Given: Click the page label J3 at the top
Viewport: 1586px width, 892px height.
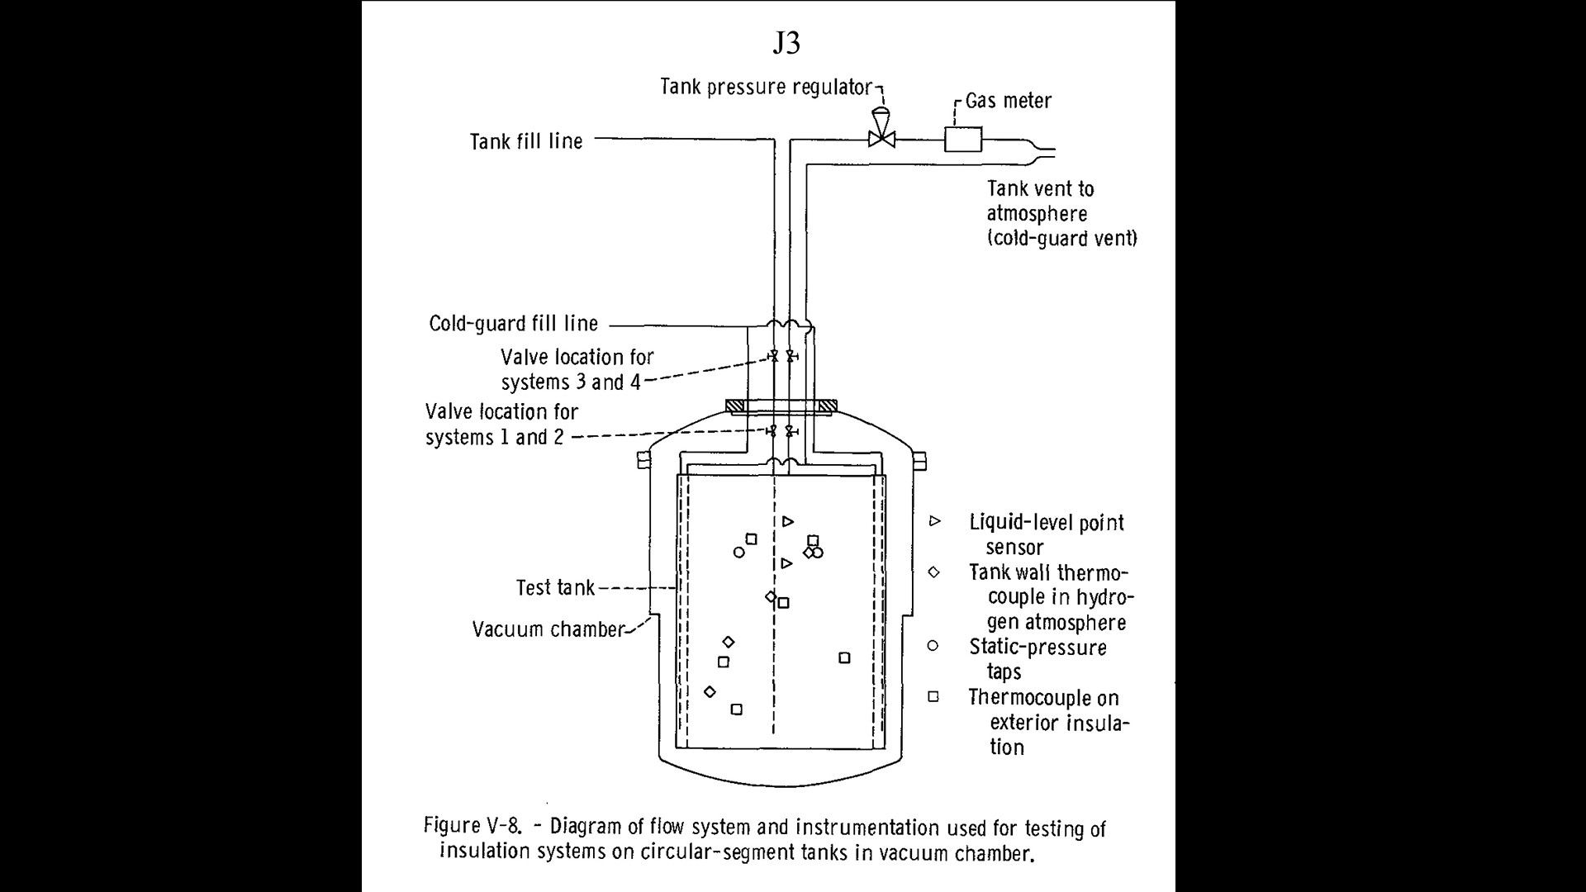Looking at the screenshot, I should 786,43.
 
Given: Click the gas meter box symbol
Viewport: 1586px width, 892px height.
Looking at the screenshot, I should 963,139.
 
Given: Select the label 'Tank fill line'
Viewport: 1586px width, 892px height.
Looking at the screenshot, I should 526,141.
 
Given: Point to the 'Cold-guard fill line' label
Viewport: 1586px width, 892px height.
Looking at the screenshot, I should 513,324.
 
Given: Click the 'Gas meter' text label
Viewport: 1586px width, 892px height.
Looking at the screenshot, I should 1009,101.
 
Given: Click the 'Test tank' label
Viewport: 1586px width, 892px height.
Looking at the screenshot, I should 555,587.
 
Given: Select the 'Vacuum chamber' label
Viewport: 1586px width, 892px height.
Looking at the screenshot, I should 548,629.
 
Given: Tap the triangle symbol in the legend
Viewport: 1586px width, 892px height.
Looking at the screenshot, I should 935,521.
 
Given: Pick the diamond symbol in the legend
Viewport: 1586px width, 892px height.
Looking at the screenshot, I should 933,572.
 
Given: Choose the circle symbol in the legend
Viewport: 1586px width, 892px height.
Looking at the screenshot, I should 933,646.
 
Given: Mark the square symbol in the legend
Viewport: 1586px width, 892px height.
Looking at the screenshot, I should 933,696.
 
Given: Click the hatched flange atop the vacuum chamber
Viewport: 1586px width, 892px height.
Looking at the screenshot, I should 781,406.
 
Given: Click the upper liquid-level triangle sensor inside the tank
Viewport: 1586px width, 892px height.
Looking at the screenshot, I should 788,521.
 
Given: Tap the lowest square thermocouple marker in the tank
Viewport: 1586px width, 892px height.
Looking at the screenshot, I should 737,709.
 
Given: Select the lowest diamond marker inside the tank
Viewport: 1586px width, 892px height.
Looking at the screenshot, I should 710,691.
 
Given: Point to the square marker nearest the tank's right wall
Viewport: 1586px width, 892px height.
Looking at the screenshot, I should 844,657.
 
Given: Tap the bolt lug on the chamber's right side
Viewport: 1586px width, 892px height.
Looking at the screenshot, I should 919,461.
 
